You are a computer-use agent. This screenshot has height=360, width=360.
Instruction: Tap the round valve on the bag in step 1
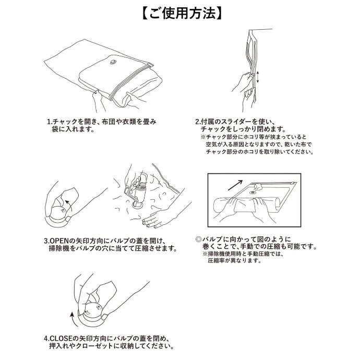point(113,62)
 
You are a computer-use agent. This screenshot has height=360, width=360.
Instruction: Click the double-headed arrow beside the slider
point(258,77)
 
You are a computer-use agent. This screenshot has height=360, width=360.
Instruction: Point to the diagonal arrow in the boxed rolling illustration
point(235,185)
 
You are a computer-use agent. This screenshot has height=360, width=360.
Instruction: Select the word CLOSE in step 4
point(61,339)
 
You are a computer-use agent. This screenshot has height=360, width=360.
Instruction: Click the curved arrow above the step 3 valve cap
point(68,205)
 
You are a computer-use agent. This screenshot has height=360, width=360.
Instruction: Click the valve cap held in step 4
point(92,310)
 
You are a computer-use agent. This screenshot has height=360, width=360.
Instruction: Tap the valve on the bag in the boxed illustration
point(253,193)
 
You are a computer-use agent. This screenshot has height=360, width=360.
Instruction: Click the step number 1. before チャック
point(50,122)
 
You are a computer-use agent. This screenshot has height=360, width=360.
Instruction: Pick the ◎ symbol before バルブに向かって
point(198,239)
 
